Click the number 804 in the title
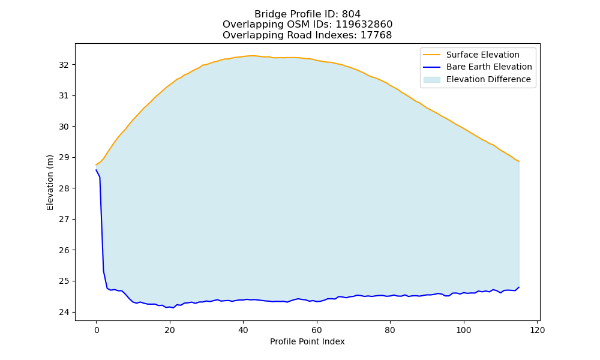pyautogui.click(x=351, y=14)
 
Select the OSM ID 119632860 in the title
pyautogui.click(x=364, y=25)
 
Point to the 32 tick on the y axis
pyautogui.click(x=64, y=65)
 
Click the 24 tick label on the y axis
pyautogui.click(x=64, y=312)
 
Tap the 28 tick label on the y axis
pyautogui.click(x=64, y=188)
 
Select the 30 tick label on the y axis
pyautogui.click(x=64, y=127)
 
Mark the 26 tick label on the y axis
pyautogui.click(x=64, y=250)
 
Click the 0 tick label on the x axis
pyautogui.click(x=96, y=330)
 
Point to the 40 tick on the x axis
pyautogui.click(x=243, y=330)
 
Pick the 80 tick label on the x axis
pyautogui.click(x=390, y=330)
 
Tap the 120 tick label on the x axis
pyautogui.click(x=537, y=330)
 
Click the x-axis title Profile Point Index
pyautogui.click(x=307, y=341)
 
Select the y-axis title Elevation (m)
pyautogui.click(x=50, y=182)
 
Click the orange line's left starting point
pyautogui.click(x=96, y=165)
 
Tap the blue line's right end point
pyautogui.click(x=519, y=287)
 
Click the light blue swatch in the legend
pyautogui.click(x=431, y=80)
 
